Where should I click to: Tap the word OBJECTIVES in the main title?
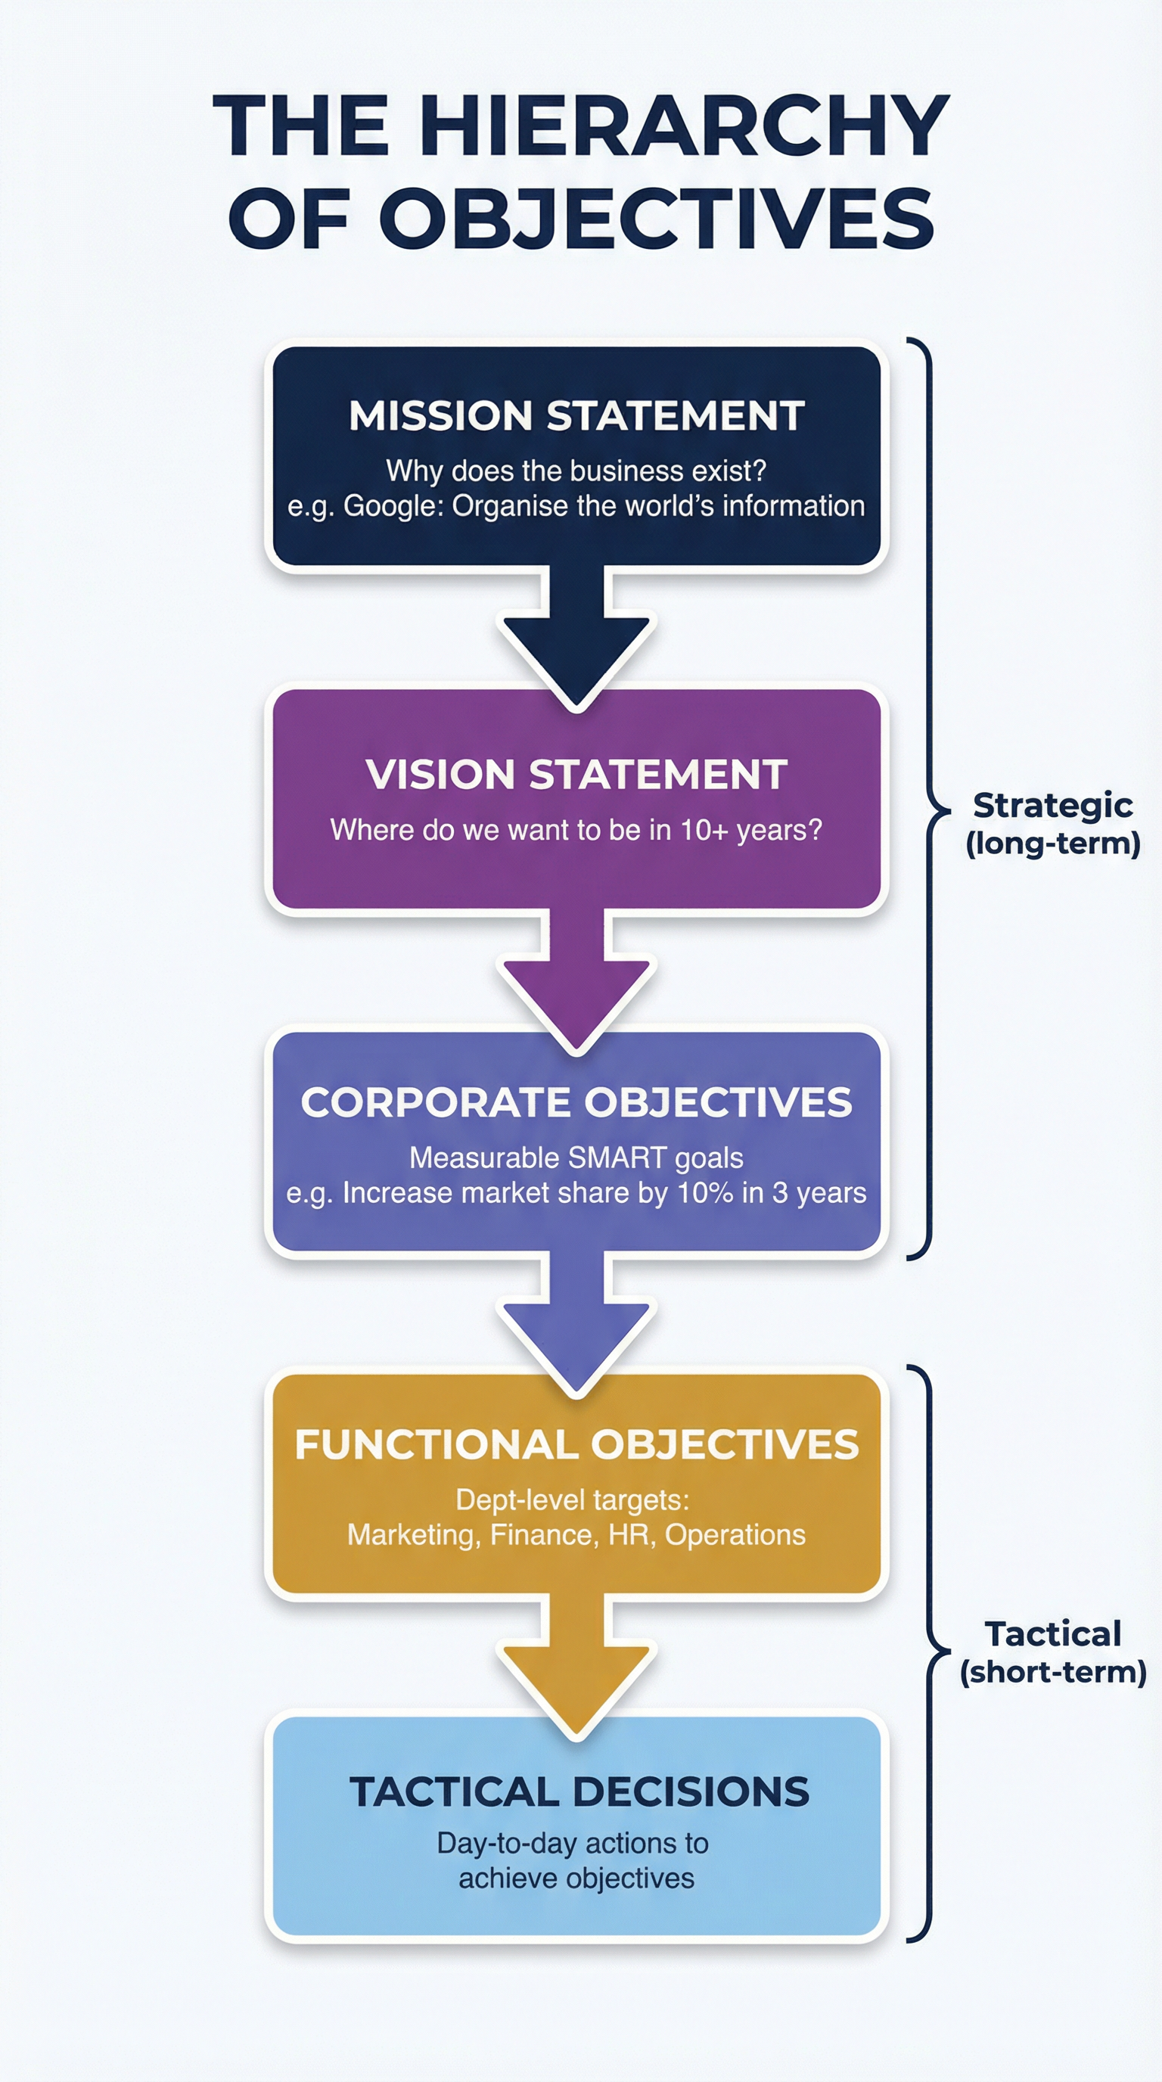pos(656,218)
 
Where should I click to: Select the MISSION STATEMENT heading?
pos(576,415)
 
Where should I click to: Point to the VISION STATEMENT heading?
pos(576,774)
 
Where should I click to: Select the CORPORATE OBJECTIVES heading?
pos(576,1102)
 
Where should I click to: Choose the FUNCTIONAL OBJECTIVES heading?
pos(576,1444)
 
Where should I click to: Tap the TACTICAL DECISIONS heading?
pos(579,1791)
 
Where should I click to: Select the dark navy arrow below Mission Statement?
pos(576,639)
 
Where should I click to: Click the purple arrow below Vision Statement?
pos(576,982)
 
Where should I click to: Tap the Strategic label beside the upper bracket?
pos(1052,805)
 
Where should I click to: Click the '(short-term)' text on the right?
pos(1053,1672)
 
